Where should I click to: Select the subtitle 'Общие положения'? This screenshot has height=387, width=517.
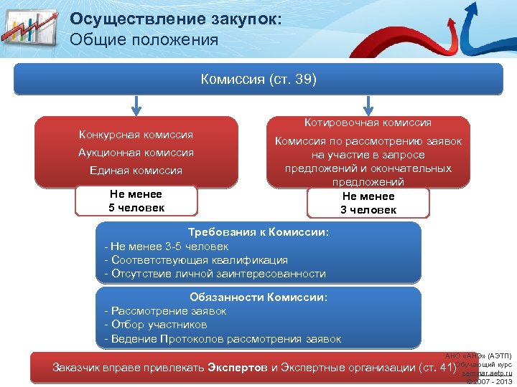pyautogui.click(x=144, y=39)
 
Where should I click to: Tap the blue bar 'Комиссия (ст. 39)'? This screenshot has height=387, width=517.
pyautogui.click(x=258, y=79)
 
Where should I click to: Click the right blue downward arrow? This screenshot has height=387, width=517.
pyautogui.click(x=368, y=105)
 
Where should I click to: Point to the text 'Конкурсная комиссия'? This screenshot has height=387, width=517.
pyautogui.click(x=136, y=135)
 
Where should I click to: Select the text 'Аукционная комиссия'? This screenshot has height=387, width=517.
pyautogui.click(x=136, y=153)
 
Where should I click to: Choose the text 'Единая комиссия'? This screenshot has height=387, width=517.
pyautogui.click(x=136, y=171)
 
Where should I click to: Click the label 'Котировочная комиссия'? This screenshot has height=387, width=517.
pyautogui.click(x=368, y=123)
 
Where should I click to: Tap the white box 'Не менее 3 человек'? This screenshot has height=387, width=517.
pyautogui.click(x=368, y=203)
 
